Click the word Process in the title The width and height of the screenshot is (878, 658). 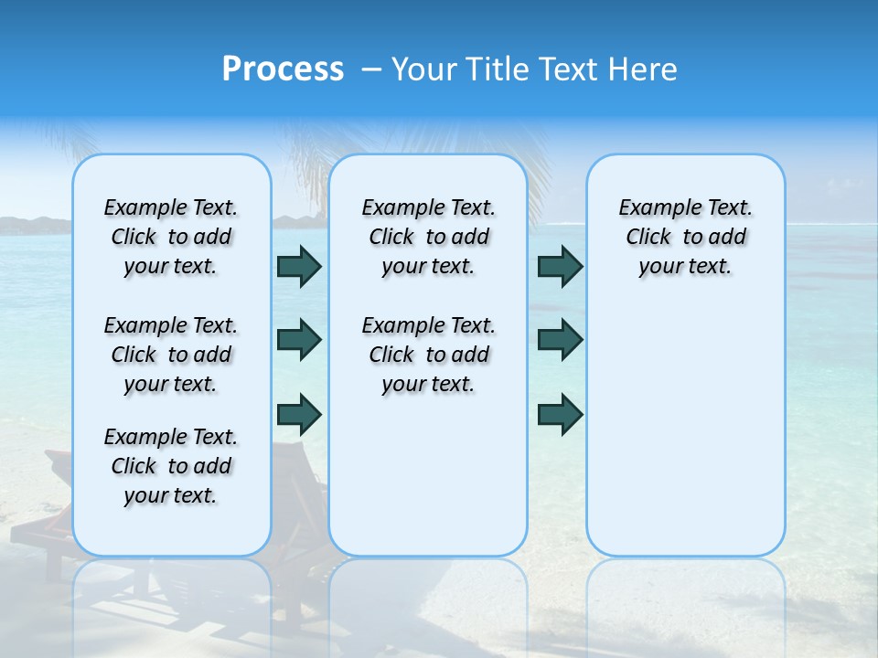283,69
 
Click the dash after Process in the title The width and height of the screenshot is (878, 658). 370,70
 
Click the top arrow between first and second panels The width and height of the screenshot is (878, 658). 299,266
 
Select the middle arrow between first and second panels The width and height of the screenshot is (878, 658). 299,340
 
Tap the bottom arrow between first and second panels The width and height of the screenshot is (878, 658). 299,414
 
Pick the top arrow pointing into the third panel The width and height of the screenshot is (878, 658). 560,266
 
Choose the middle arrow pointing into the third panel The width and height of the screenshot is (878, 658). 560,340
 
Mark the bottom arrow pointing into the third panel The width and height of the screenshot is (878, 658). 560,414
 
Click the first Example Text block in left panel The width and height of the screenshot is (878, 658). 171,237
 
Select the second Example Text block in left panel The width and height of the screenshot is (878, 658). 171,355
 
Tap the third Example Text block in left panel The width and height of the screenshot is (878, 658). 171,466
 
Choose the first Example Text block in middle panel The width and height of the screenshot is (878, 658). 428,237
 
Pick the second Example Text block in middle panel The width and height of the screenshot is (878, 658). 428,355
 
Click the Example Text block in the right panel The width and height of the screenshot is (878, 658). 685,237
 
